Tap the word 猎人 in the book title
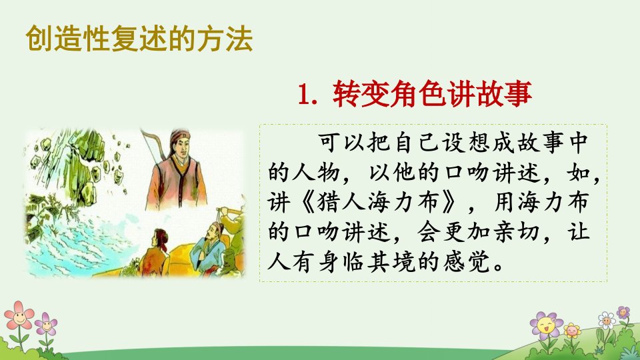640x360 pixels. click(x=341, y=203)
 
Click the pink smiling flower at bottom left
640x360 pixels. click(x=19, y=315)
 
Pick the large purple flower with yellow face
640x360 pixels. click(x=546, y=326)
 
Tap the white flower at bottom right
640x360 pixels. click(x=606, y=321)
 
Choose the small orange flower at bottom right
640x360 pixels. click(x=572, y=330)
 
